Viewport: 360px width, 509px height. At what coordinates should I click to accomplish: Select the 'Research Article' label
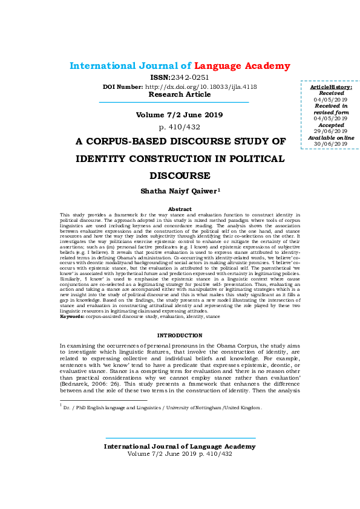(x=180, y=94)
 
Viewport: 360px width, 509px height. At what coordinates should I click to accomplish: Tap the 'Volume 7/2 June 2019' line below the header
(x=179, y=114)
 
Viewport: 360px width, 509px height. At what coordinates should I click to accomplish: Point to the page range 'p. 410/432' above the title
(x=179, y=127)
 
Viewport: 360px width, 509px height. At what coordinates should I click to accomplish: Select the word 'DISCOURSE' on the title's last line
(x=179, y=176)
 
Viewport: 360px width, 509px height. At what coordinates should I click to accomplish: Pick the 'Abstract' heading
(x=179, y=209)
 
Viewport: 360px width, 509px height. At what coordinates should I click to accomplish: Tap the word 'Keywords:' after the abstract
(x=72, y=316)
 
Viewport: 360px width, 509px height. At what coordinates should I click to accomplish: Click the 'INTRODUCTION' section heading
(x=179, y=335)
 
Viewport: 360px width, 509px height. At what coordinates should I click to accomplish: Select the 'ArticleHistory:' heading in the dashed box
(x=330, y=88)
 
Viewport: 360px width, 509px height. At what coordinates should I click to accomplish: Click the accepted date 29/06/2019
(x=330, y=131)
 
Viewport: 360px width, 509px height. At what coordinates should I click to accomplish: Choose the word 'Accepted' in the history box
(x=330, y=125)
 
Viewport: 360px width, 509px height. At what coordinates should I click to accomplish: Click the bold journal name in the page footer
(x=179, y=446)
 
